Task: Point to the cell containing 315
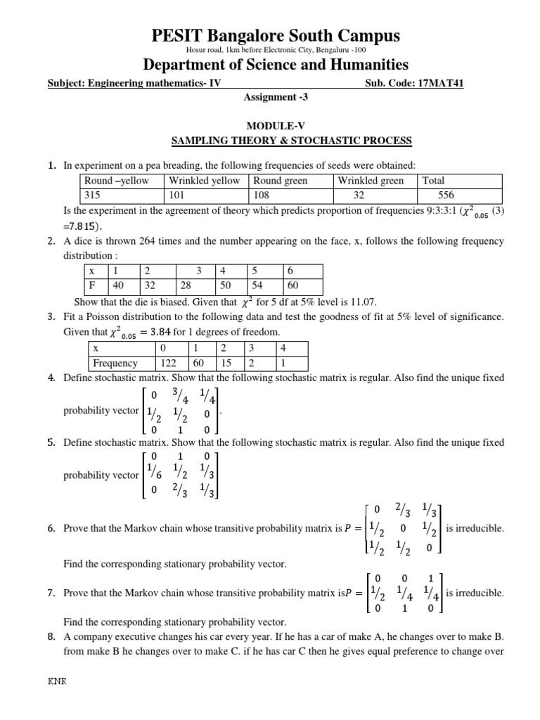(x=94, y=195)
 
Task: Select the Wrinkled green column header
(x=371, y=181)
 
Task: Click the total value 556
(x=450, y=195)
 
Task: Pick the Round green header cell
(x=281, y=181)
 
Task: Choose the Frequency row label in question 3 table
(x=116, y=364)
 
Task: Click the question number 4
(x=51, y=378)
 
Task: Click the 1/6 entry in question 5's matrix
(x=153, y=475)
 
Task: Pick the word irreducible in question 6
(x=475, y=527)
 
